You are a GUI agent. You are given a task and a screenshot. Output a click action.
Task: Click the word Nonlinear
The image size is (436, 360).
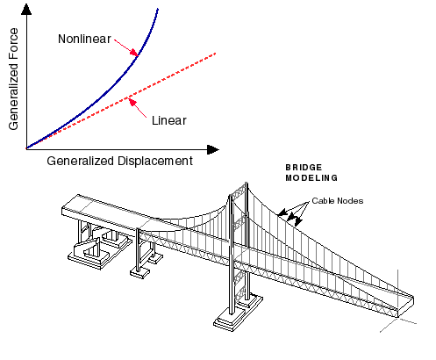pos(84,39)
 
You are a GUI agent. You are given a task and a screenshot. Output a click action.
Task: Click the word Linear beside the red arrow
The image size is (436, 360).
pos(169,120)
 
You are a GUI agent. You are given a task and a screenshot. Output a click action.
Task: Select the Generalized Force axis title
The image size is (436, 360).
pos(13,79)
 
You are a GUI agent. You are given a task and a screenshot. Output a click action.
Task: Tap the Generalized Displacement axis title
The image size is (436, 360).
pos(119,161)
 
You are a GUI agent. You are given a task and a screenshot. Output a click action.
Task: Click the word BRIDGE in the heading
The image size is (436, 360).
pos(304,168)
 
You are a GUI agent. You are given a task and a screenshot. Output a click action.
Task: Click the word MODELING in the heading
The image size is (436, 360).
pos(311,178)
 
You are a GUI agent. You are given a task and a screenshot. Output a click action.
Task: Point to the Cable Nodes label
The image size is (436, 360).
pos(338,201)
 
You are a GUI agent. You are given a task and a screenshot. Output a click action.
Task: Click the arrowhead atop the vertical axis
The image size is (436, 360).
pos(26,9)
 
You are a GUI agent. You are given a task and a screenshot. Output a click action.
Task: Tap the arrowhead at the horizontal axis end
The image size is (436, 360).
pos(213,149)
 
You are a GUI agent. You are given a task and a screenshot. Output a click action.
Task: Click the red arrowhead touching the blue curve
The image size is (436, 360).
pos(134,53)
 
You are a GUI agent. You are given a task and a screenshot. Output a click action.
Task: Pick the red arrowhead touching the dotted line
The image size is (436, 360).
pos(132,103)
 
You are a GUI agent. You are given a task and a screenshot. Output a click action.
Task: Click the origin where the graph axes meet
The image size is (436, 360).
pos(26,149)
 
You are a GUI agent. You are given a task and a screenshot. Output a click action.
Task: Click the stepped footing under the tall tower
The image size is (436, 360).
pos(238,313)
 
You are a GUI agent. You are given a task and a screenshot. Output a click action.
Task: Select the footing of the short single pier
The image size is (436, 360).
pos(139,273)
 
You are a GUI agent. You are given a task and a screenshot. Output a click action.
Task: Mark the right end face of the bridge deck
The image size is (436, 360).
pos(406,306)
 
